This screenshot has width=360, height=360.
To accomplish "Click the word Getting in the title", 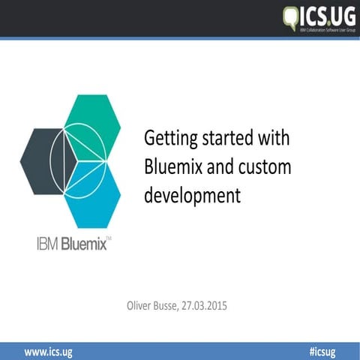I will tap(168, 139).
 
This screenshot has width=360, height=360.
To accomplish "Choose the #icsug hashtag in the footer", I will tap(322, 351).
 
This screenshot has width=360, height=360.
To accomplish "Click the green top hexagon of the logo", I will tap(91, 124).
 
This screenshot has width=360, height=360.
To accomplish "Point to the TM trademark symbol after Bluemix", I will tap(109, 238).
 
